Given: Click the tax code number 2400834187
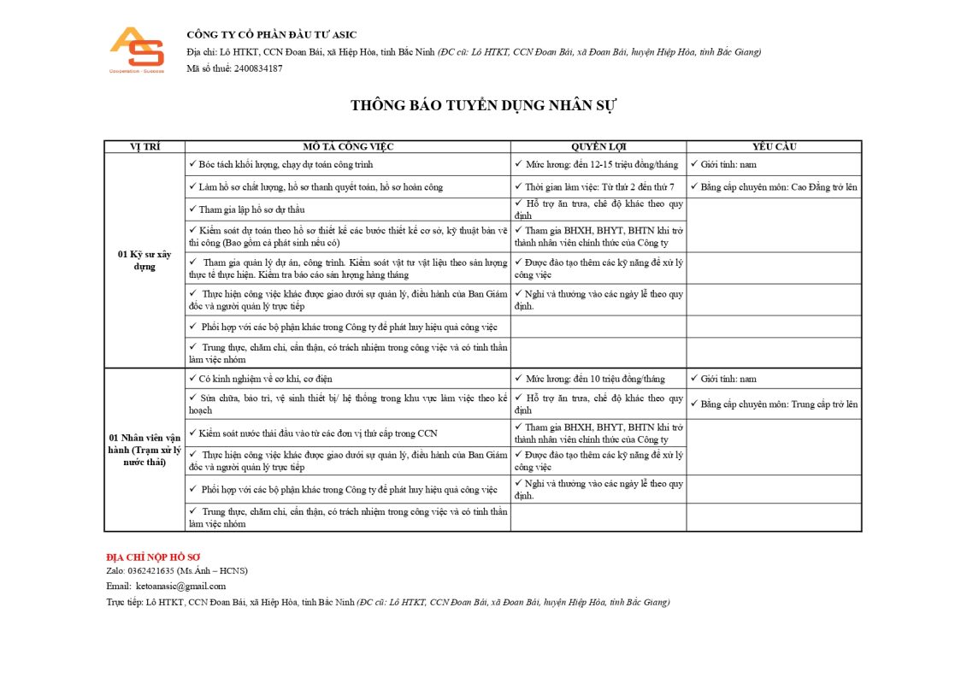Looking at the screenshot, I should pos(257,68).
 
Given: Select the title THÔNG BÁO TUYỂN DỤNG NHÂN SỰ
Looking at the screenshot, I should pos(483,105).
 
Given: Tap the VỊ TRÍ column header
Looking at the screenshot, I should pos(144,147).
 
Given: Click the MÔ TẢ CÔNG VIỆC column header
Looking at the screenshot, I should pos(348,147).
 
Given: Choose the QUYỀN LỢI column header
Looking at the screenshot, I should pos(598,147).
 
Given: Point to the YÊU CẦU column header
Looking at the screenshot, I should pos(774,147).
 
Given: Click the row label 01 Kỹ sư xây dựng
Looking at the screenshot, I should pos(144,260).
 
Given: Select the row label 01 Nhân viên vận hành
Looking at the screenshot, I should pos(144,450).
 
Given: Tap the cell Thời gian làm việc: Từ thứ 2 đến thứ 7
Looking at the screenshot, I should pos(598,186).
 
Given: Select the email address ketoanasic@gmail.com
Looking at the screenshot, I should pos(180,586).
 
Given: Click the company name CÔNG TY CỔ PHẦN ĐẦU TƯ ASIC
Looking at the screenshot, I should pos(272,35).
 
